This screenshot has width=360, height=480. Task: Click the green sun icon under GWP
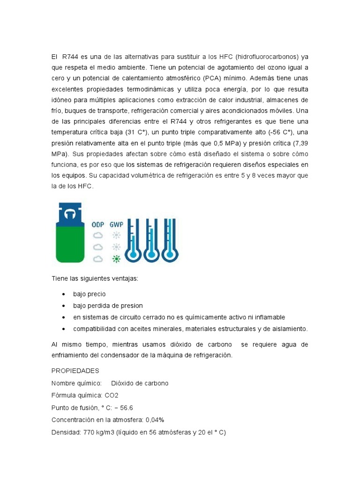click(116, 258)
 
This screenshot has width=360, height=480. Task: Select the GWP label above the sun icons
click(116, 225)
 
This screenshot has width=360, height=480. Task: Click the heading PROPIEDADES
click(75, 371)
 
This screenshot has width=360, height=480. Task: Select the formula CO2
click(112, 395)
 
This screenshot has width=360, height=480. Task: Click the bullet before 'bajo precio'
click(63, 294)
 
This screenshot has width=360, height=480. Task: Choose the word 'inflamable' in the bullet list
click(268, 317)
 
